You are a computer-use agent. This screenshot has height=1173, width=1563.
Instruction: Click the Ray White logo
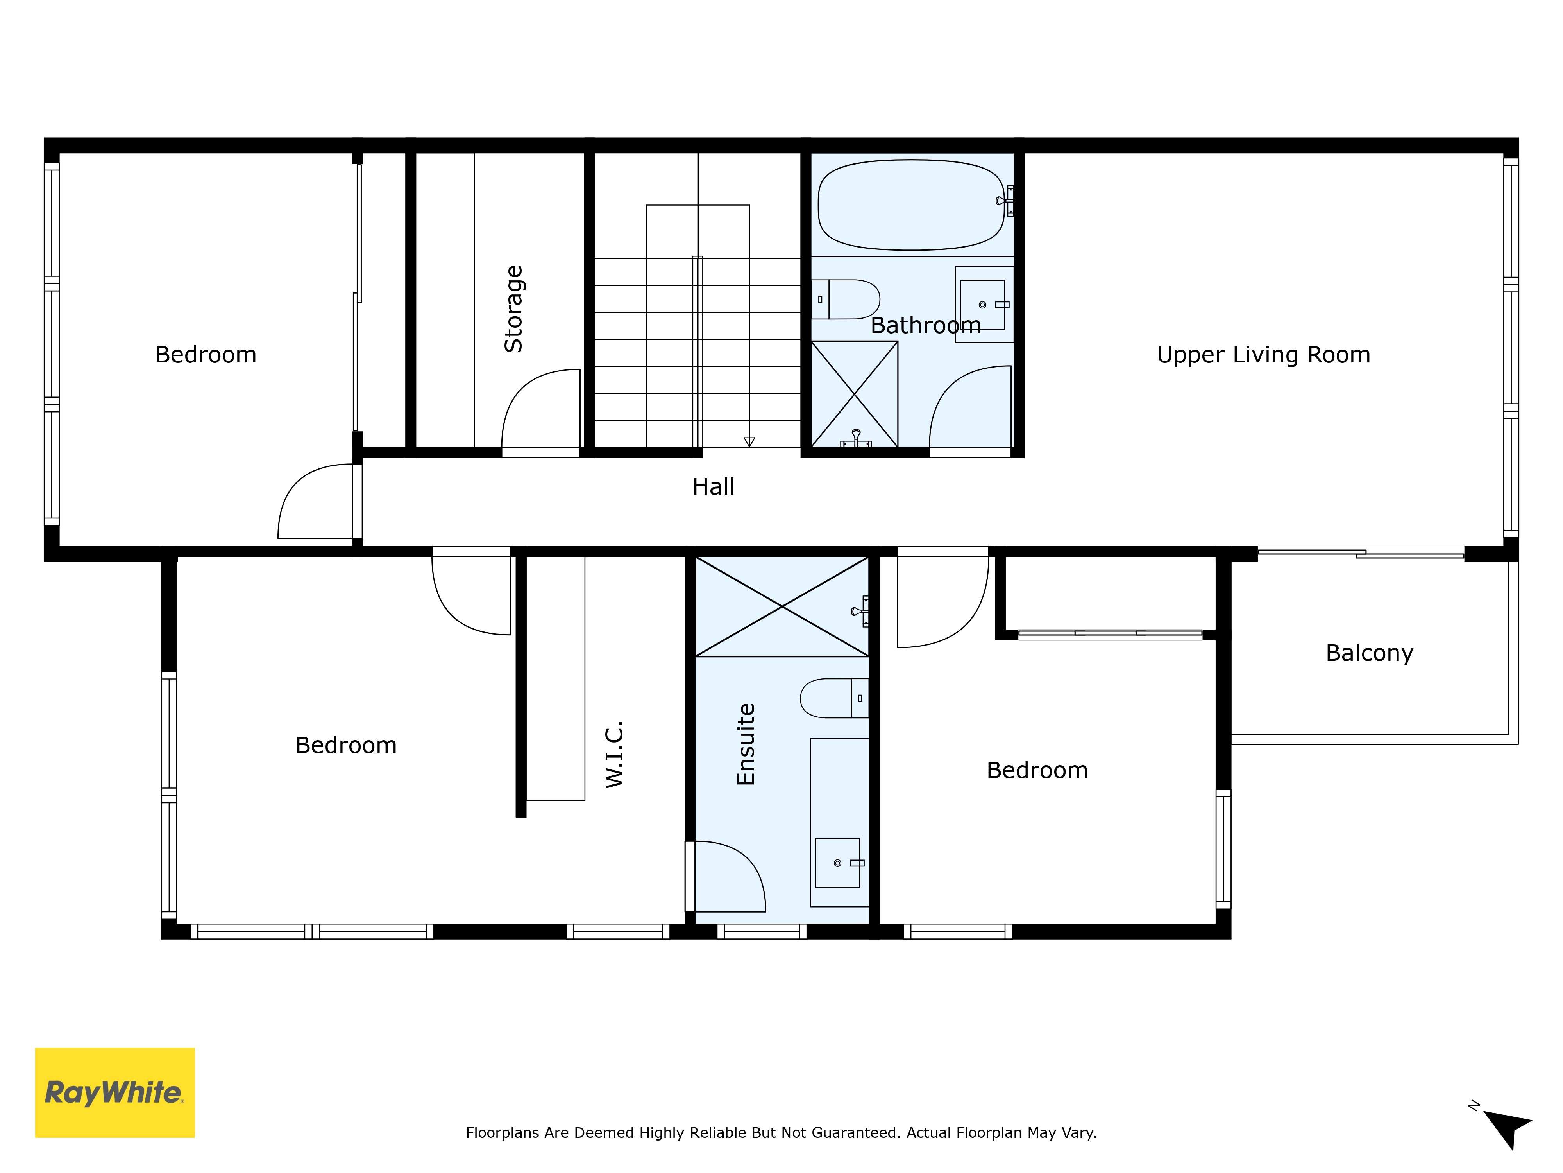pos(114,1092)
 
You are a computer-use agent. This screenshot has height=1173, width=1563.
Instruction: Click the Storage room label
pos(514,309)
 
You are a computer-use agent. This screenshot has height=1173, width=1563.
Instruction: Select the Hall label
pos(713,486)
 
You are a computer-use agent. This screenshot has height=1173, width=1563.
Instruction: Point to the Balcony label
pos(1370,653)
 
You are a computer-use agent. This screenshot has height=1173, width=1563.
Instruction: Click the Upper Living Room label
pos(1263,354)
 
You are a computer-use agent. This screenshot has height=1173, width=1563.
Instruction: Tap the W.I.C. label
pos(614,754)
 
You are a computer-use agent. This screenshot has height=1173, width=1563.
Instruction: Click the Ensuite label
pos(746,744)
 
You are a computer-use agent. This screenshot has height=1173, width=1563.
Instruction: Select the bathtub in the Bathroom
pos(911,205)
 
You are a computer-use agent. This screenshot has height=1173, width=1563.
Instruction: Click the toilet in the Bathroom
pos(845,299)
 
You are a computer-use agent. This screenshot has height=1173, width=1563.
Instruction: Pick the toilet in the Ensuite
pos(835,699)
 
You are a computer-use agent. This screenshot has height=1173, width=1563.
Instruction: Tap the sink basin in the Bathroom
pos(982,305)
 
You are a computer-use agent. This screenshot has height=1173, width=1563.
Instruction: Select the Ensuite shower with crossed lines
pos(782,607)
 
